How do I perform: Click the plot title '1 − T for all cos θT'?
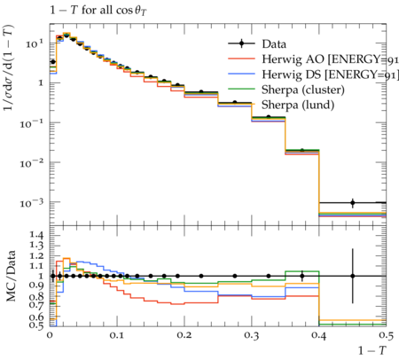[x=98, y=11]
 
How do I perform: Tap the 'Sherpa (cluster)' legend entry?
[x=303, y=90]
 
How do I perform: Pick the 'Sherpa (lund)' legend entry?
[x=298, y=105]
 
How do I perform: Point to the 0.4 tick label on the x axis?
[x=319, y=336]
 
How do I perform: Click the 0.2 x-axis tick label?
[x=184, y=336]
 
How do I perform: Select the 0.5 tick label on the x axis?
[x=386, y=336]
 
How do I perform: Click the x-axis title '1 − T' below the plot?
[x=372, y=350]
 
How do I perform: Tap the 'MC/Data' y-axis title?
[x=12, y=276]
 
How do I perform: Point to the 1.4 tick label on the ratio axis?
[x=36, y=236]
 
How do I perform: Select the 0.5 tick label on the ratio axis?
[x=36, y=325]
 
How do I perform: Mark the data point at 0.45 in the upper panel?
[x=353, y=203]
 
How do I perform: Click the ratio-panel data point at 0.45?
[x=353, y=276]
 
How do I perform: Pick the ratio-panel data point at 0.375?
[x=302, y=276]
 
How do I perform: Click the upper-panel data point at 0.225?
[x=201, y=92]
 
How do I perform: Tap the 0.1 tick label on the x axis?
[x=117, y=336]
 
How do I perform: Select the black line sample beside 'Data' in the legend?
[x=241, y=44]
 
